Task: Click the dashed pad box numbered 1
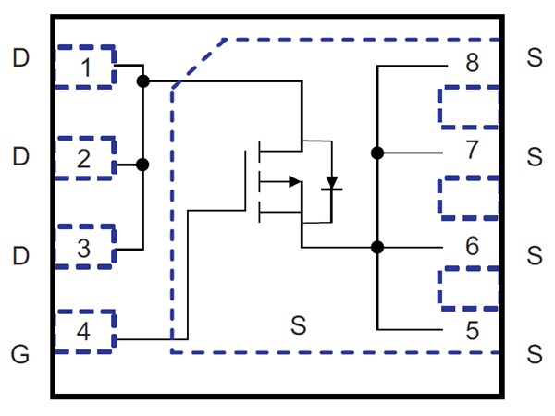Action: pyautogui.click(x=85, y=67)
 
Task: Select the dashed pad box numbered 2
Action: pyautogui.click(x=85, y=158)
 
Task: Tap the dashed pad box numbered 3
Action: pyautogui.click(x=85, y=247)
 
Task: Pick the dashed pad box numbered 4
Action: pyautogui.click(x=85, y=332)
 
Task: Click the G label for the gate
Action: pyautogui.click(x=21, y=353)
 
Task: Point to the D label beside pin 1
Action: pyautogui.click(x=21, y=59)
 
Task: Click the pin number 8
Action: pyautogui.click(x=472, y=64)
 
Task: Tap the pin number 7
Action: pyautogui.click(x=472, y=149)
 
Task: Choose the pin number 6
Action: pyautogui.click(x=472, y=246)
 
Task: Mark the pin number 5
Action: pyautogui.click(x=472, y=330)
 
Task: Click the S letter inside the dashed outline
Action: pyautogui.click(x=298, y=325)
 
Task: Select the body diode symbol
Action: pyautogui.click(x=331, y=183)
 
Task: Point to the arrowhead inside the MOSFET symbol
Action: pyautogui.click(x=294, y=181)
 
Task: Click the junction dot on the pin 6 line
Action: pyautogui.click(x=377, y=247)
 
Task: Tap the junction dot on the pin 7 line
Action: pyautogui.click(x=377, y=153)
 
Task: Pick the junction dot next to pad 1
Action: pyautogui.click(x=142, y=81)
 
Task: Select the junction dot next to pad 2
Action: pyautogui.click(x=142, y=165)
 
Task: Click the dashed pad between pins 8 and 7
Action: pyautogui.click(x=468, y=107)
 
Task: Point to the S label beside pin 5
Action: pyautogui.click(x=534, y=353)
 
